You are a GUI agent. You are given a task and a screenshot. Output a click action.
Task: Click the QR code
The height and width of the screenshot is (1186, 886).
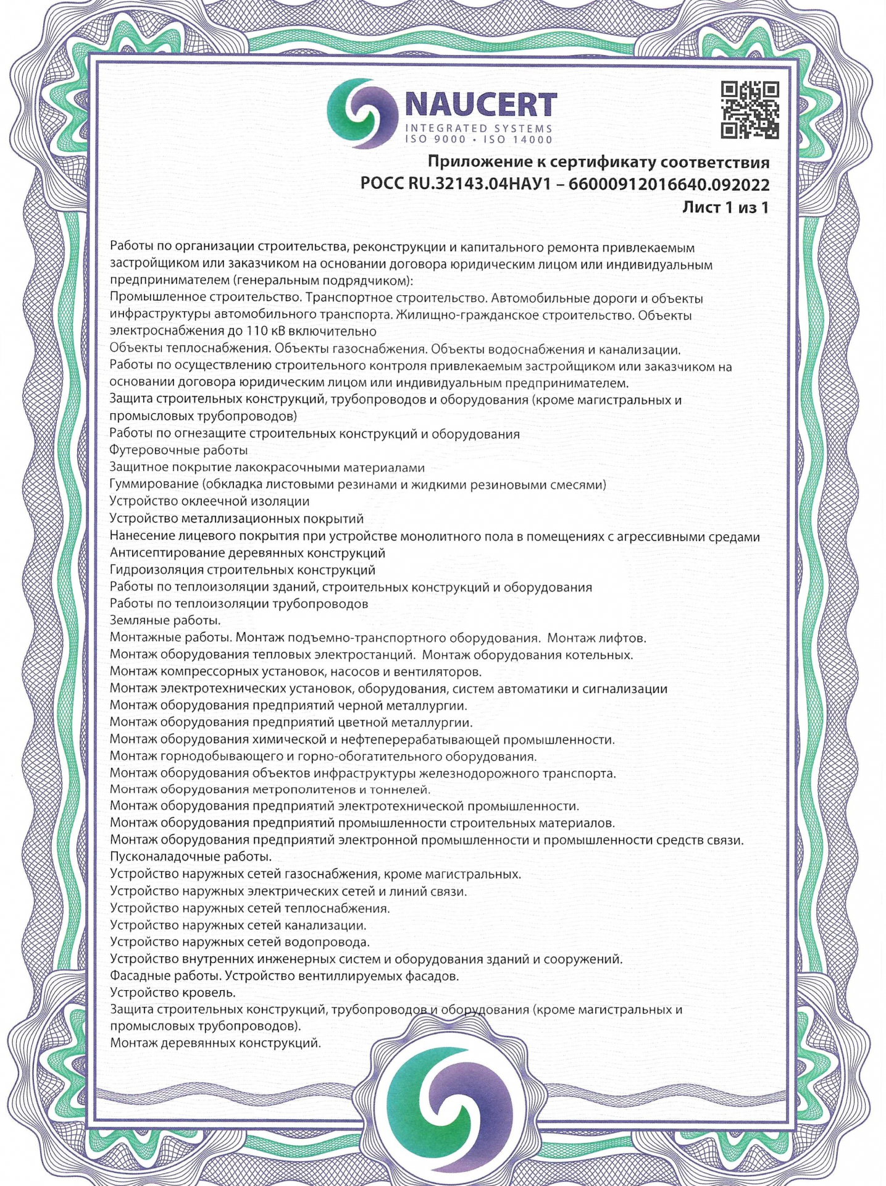point(750,110)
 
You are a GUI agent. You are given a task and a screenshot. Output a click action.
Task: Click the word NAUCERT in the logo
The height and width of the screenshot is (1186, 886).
point(481,106)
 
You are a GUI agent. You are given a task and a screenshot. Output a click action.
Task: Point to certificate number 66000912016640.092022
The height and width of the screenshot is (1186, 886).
point(669,185)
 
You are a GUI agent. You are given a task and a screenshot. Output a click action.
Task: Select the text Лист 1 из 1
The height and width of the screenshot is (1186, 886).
point(725,208)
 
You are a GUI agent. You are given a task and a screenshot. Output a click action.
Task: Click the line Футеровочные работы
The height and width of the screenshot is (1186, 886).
point(178,450)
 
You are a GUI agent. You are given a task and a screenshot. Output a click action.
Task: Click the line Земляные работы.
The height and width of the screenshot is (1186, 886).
point(165,620)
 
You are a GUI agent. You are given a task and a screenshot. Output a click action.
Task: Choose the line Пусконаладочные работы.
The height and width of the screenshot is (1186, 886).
point(191,857)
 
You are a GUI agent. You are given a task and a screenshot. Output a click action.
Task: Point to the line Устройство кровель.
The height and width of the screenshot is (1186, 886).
point(173,993)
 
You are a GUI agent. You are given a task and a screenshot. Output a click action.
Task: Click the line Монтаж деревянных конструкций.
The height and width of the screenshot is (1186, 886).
point(215,1043)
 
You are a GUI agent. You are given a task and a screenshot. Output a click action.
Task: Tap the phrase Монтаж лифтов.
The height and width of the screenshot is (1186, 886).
point(597,637)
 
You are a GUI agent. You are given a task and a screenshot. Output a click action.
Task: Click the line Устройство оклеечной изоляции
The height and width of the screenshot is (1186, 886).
point(209,502)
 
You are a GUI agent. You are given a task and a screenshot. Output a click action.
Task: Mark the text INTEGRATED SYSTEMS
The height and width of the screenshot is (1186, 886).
point(478,128)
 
